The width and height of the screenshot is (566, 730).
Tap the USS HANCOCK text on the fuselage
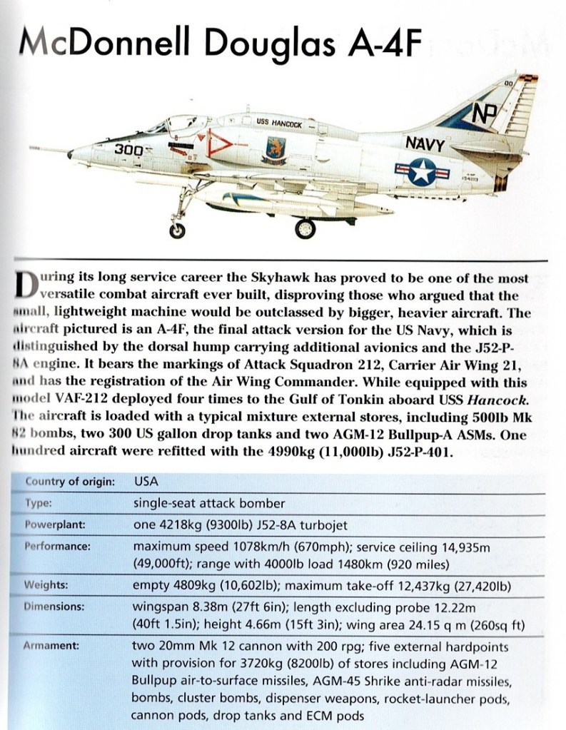[x=280, y=123]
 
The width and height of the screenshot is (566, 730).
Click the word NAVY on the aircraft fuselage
[x=425, y=144]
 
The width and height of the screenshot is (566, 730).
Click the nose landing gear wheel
[x=176, y=229]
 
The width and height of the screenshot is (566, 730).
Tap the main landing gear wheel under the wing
[x=305, y=228]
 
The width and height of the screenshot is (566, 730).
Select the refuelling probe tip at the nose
[x=69, y=153]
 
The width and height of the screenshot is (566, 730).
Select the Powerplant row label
[x=56, y=524]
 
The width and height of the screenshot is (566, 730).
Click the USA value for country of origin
[x=146, y=481]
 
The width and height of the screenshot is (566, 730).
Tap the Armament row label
[x=51, y=647]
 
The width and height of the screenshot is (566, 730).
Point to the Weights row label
[x=46, y=585]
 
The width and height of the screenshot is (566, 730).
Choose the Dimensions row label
[x=54, y=607]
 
